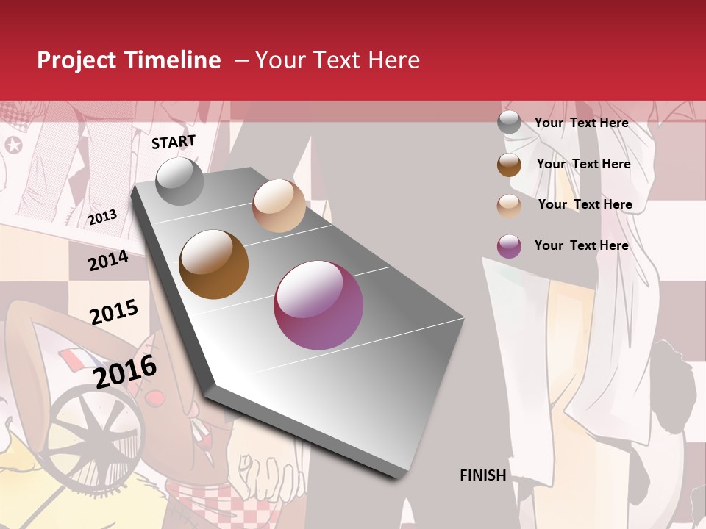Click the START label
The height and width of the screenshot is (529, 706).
pos(174,142)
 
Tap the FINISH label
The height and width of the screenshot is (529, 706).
pos(483,475)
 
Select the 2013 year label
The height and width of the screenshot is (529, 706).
pos(103,217)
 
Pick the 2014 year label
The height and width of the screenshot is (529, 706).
pos(108,261)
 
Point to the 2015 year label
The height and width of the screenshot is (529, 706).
pos(114,312)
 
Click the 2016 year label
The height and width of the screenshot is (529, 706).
pos(125,371)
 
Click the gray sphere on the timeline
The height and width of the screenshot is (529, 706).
pos(179,181)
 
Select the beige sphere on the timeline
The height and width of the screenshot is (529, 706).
pos(279,206)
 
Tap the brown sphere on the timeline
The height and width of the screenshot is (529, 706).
pos(214,264)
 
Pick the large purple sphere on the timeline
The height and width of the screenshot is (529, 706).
pos(318,305)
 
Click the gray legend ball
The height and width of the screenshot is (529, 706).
pos(509,123)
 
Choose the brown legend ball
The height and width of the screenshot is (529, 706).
pos(509,165)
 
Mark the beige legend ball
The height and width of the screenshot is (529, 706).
pos(509,205)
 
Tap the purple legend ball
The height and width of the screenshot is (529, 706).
pos(509,246)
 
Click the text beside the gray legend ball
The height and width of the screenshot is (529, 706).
pos(581,123)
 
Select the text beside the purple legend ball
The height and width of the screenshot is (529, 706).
pos(581,245)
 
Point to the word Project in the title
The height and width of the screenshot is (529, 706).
pos(77,60)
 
